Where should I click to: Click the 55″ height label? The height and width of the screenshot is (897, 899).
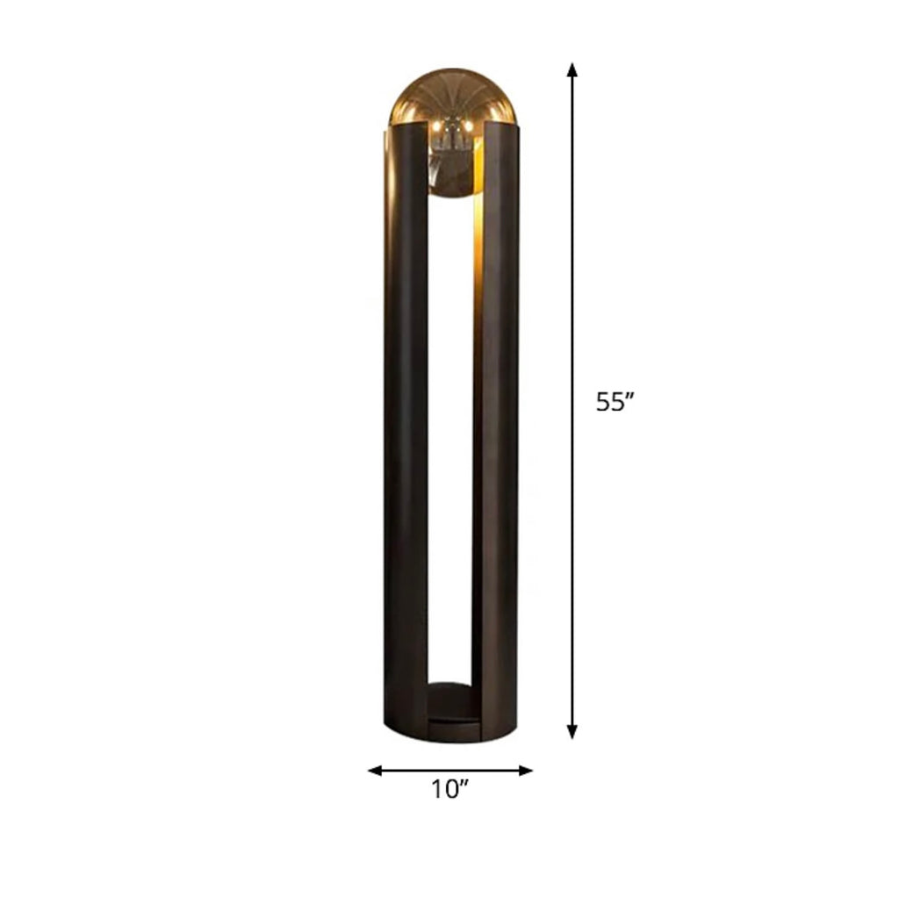[x=615, y=402]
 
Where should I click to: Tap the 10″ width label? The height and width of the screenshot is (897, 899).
[x=450, y=789]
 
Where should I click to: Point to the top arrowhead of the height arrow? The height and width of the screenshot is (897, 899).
[x=572, y=69]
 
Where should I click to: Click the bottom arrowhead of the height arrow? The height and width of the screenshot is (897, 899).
[x=572, y=731]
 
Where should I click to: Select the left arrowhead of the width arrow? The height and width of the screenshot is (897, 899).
[x=375, y=771]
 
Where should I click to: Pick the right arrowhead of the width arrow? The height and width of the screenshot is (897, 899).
[x=526, y=771]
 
